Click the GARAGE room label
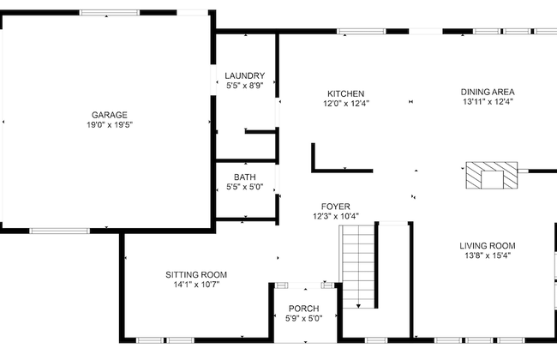(x=110, y=115)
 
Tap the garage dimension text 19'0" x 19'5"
(x=110, y=125)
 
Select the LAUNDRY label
(x=245, y=75)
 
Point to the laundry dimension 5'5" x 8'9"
(x=245, y=86)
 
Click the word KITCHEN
(x=346, y=93)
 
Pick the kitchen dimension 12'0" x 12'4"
(x=346, y=104)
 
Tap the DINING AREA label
(x=488, y=92)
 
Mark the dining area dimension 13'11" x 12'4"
(x=488, y=102)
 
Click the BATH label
(x=245, y=177)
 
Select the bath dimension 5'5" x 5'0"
(x=245, y=188)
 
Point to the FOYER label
(x=336, y=207)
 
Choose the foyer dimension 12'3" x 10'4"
(x=336, y=217)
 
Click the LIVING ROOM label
(x=488, y=245)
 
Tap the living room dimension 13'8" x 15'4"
(x=488, y=255)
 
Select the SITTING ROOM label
(x=196, y=274)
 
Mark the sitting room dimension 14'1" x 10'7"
(x=196, y=285)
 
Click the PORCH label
(x=303, y=309)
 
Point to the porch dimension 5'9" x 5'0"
(x=303, y=319)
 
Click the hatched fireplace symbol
(x=492, y=177)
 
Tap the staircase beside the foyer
(x=360, y=266)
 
